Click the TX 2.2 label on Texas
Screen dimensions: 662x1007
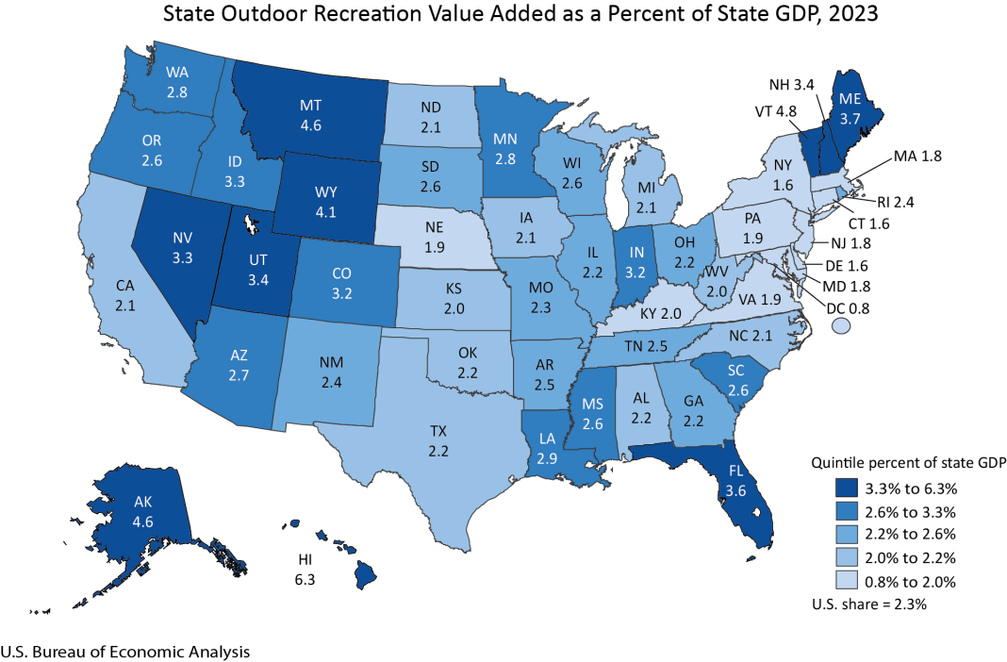(x=437, y=440)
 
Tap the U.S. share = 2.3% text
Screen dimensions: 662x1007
(x=870, y=604)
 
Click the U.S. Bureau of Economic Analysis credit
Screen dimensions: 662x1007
(x=125, y=651)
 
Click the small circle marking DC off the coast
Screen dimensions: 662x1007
(x=842, y=325)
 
